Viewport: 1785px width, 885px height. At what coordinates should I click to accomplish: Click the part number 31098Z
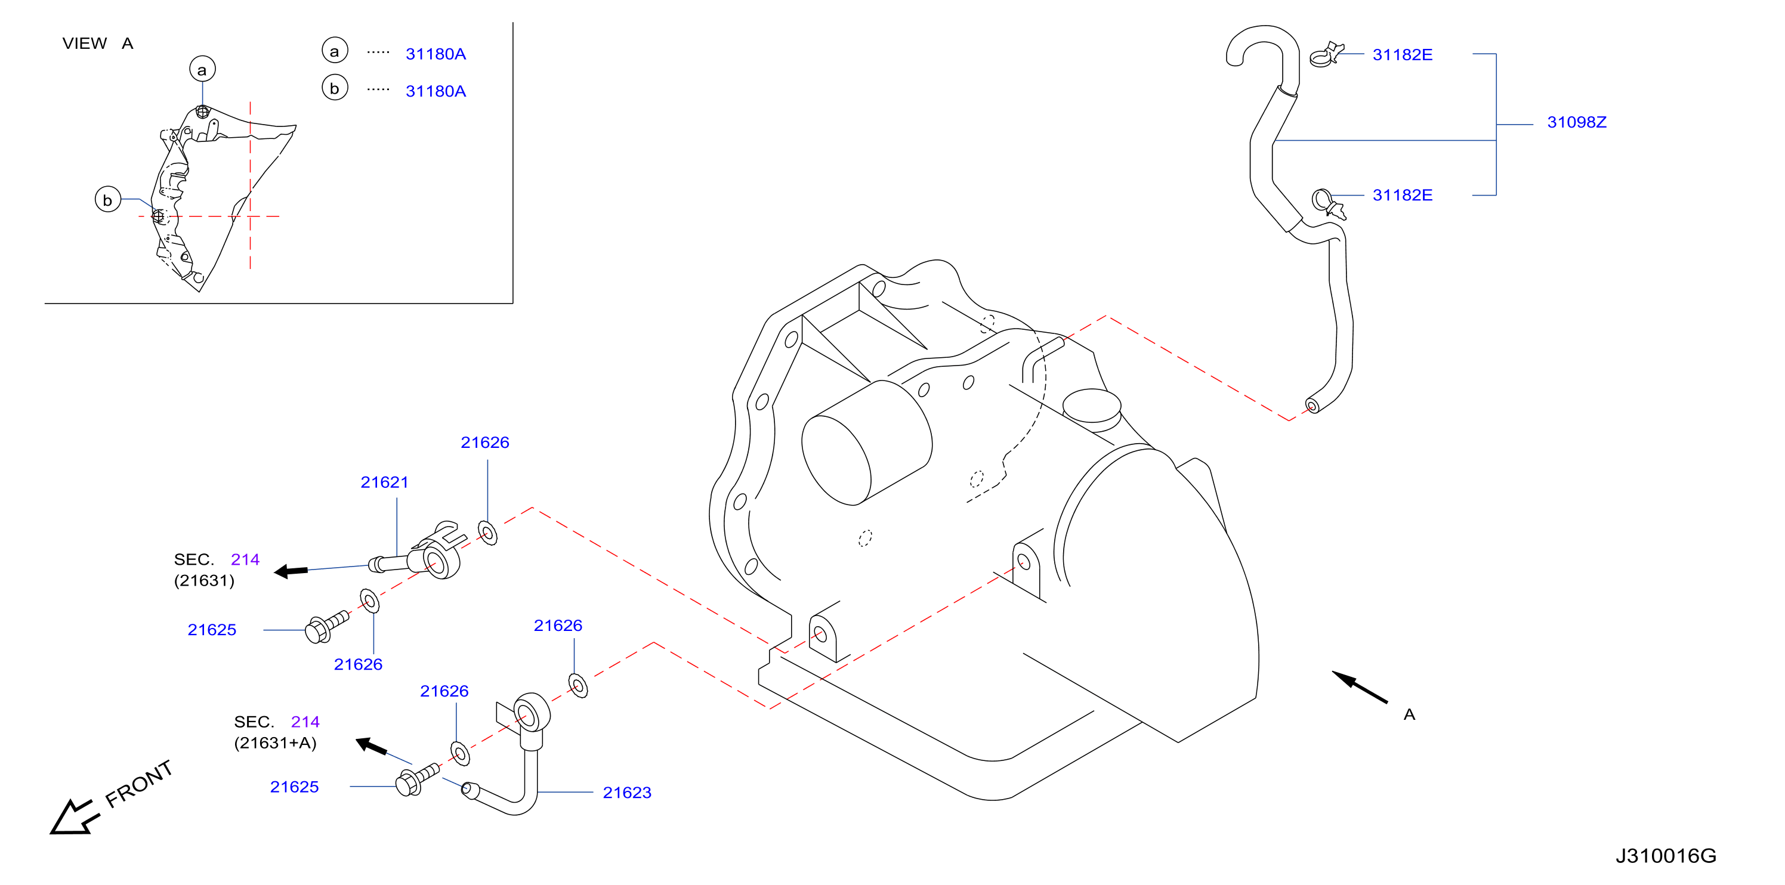point(1576,123)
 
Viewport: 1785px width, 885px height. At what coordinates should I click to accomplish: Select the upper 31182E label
point(1403,55)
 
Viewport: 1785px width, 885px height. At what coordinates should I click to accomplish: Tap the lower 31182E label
point(1403,195)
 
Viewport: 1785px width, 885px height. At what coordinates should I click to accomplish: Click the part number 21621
point(385,482)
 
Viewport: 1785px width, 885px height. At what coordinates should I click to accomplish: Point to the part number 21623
point(627,793)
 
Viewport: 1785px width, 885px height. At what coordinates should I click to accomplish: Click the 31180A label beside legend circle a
point(436,54)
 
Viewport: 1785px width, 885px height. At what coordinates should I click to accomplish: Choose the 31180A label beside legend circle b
point(436,91)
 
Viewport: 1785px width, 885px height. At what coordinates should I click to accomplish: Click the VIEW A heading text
point(98,44)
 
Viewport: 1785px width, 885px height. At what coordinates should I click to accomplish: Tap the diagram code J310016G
point(1666,856)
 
